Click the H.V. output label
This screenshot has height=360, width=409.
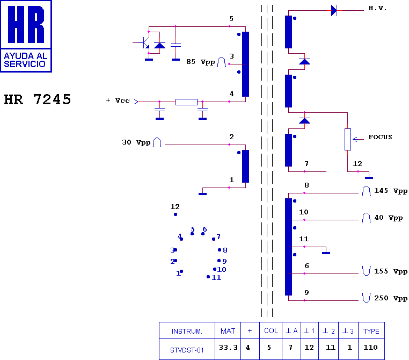click(377, 8)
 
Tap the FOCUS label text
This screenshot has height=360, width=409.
click(380, 137)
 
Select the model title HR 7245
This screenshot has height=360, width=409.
click(37, 99)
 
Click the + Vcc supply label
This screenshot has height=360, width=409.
click(118, 100)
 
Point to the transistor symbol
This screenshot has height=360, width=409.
click(144, 42)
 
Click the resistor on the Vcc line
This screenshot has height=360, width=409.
click(186, 102)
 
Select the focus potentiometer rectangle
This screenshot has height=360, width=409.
click(348, 139)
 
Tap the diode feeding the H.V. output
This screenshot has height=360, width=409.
click(334, 10)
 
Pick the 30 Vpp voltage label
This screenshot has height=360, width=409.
click(136, 142)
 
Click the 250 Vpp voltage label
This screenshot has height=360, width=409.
click(391, 298)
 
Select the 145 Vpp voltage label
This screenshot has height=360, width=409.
click(391, 191)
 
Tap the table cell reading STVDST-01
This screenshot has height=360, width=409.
click(187, 350)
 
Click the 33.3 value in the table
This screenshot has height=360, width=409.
click(228, 348)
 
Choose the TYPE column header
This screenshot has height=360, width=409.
click(371, 331)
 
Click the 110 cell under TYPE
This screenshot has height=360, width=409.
click(370, 348)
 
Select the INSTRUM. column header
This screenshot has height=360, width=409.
click(187, 332)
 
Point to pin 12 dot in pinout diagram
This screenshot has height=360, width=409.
click(176, 214)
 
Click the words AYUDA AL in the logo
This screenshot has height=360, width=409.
click(26, 56)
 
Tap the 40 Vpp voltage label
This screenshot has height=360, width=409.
click(389, 218)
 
